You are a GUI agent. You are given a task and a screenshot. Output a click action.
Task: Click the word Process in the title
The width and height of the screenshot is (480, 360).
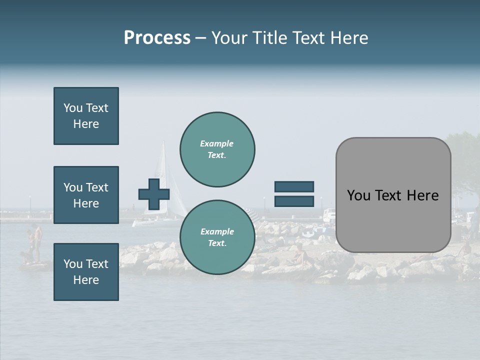157,37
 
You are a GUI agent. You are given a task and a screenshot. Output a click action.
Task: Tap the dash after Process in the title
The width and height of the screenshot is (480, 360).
200,38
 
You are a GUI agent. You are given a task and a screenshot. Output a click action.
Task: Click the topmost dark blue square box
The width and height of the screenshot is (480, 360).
86,116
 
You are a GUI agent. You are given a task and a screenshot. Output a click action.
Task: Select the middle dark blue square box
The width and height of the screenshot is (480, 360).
86,195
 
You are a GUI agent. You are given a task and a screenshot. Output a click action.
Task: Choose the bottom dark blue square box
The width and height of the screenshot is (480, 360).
86,272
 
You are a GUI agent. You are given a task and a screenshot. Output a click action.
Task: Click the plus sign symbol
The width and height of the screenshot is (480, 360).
154,194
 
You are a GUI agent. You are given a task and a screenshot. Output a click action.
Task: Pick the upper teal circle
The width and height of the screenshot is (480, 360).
217,149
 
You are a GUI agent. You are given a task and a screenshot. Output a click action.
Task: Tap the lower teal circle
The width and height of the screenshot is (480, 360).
217,237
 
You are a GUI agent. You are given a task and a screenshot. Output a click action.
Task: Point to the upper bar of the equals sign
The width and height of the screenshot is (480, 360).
294,186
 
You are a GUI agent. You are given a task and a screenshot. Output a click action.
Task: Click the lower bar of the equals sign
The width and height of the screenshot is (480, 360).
294,201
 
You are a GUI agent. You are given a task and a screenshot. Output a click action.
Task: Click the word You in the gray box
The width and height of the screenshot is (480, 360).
358,195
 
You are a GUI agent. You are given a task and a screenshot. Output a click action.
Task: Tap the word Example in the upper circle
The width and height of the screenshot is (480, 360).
216,143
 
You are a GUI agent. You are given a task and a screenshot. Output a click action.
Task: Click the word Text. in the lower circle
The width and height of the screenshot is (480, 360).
217,243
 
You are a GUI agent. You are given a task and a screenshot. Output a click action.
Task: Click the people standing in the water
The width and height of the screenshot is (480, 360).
34,245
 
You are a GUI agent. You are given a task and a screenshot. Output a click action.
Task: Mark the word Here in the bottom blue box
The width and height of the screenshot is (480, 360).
86,280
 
